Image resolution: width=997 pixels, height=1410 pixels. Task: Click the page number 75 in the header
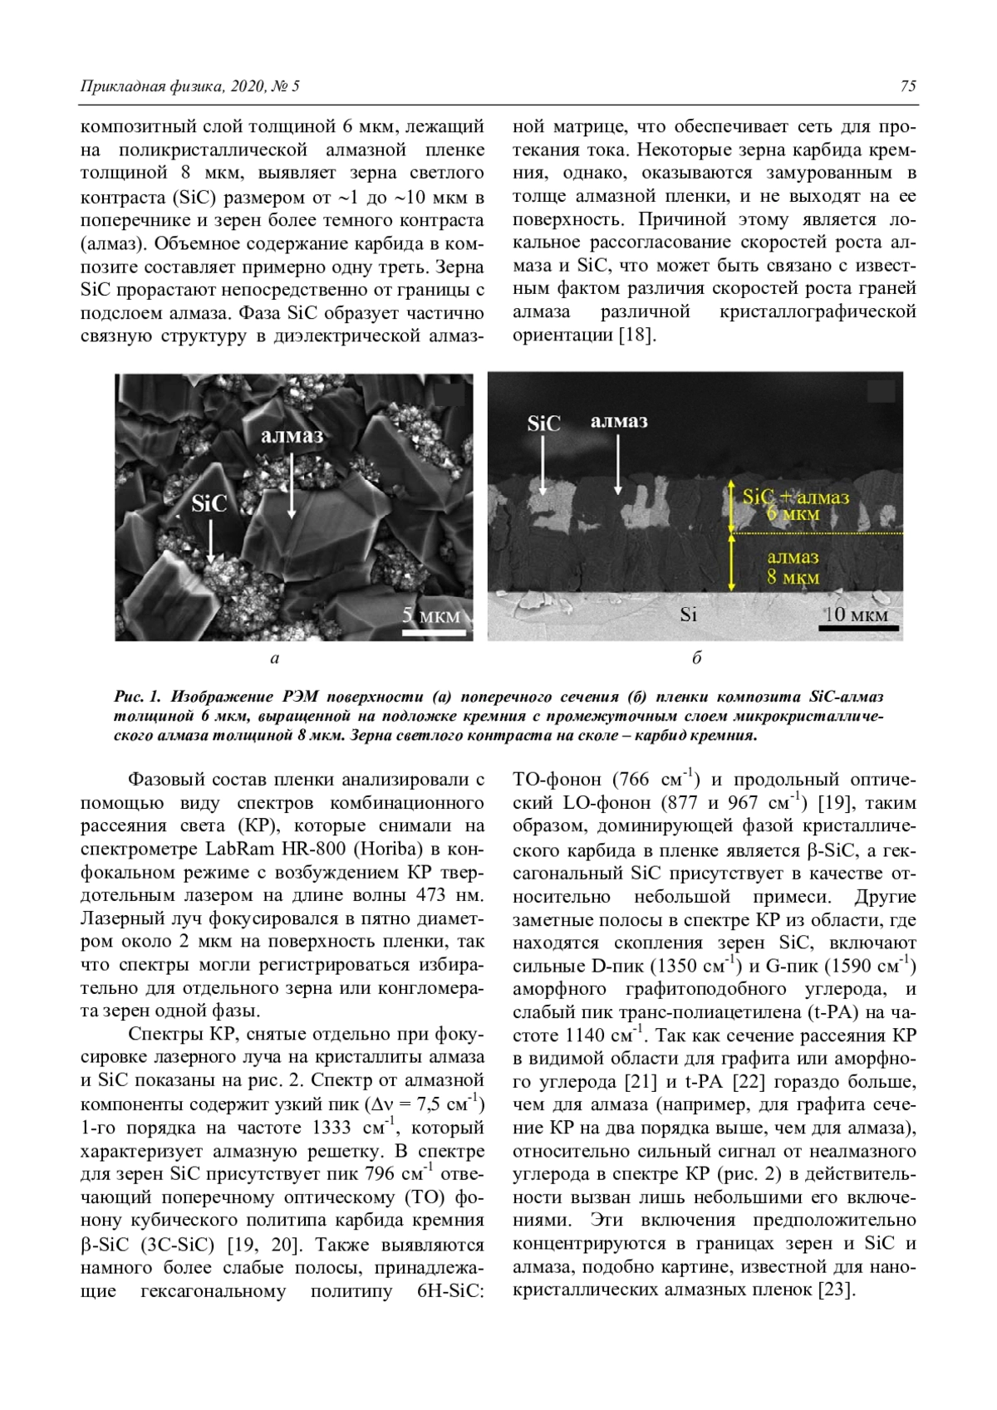pyautogui.click(x=907, y=86)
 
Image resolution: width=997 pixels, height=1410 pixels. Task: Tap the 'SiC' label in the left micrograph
pyautogui.click(x=209, y=504)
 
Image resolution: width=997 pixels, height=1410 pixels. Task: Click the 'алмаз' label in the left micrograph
pyautogui.click(x=292, y=435)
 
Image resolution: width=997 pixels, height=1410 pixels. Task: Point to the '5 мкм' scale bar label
pyautogui.click(x=431, y=615)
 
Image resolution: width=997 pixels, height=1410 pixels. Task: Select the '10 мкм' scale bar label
pyautogui.click(x=857, y=615)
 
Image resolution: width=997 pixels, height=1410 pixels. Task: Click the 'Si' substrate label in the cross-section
pyautogui.click(x=688, y=614)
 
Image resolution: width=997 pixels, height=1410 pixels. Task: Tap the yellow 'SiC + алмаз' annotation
pyautogui.click(x=795, y=497)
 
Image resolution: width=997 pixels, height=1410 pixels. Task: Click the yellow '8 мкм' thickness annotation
pyautogui.click(x=793, y=577)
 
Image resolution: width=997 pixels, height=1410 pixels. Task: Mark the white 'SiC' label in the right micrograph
pyautogui.click(x=543, y=423)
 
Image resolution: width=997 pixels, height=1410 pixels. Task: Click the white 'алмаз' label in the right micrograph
pyautogui.click(x=619, y=422)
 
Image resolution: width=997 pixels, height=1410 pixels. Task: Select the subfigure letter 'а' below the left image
pyautogui.click(x=274, y=659)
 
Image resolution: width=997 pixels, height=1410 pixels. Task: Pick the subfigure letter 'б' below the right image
pyautogui.click(x=696, y=658)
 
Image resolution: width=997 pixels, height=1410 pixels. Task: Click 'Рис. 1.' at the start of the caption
pyautogui.click(x=135, y=696)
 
